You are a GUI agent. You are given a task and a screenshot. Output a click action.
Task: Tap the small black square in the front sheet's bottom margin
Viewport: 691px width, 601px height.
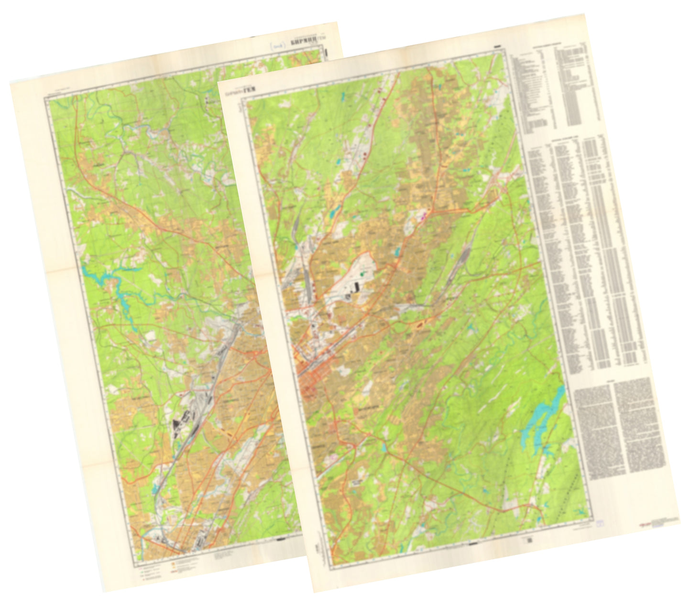[529, 540]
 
